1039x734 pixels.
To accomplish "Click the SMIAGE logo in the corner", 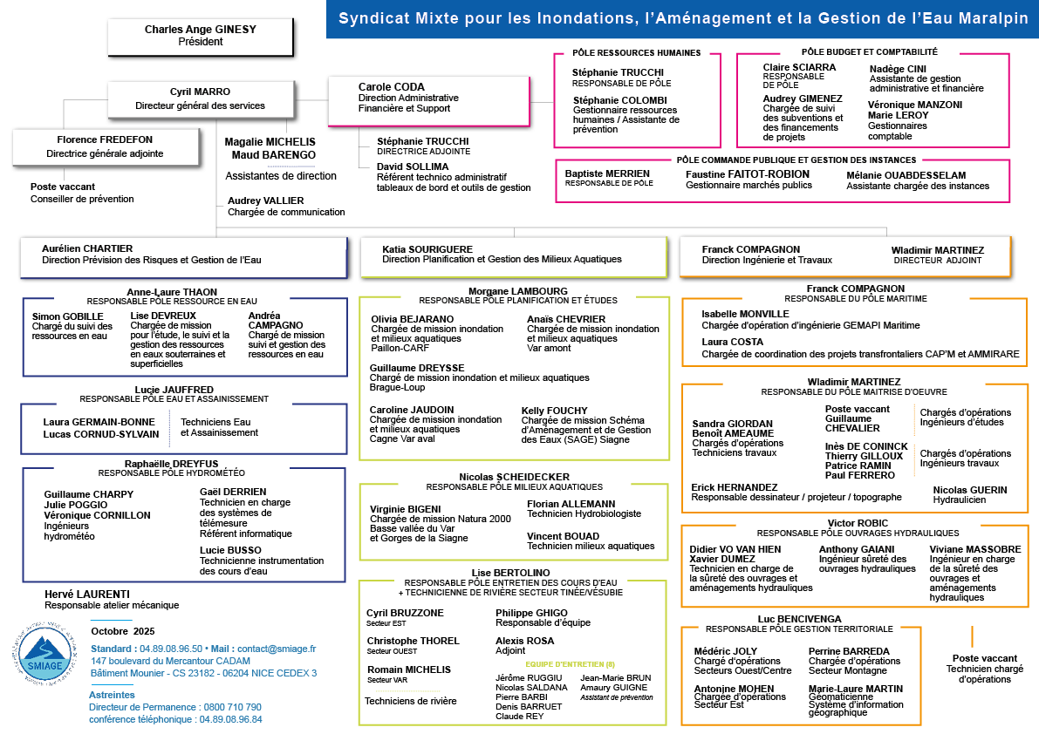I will [41, 655].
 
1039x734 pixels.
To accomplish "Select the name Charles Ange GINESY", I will [200, 30].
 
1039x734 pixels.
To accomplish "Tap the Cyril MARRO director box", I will [201, 99].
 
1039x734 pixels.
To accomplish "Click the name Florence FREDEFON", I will [105, 139].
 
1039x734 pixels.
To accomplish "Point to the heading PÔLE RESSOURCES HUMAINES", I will [636, 53].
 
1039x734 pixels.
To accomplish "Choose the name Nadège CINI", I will [898, 69].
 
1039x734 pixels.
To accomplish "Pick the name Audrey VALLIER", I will [265, 200].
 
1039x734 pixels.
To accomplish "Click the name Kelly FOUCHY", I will [554, 411].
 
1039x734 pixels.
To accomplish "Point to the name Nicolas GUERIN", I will [969, 490].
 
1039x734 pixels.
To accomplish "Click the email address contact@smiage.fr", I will [276, 649].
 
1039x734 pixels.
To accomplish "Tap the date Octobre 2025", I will [122, 631].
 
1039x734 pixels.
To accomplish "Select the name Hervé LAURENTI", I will [86, 595].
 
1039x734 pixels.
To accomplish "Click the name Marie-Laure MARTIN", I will [855, 689].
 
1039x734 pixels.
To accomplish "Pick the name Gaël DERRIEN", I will [233, 492].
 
